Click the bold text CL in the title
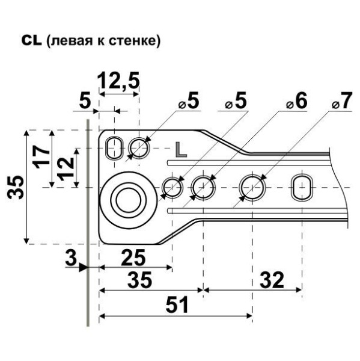click(31, 41)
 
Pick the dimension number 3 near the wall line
click(71, 261)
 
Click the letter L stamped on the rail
click(180, 149)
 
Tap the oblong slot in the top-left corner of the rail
click(113, 147)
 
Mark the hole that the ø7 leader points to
click(252, 188)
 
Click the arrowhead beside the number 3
click(84, 268)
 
